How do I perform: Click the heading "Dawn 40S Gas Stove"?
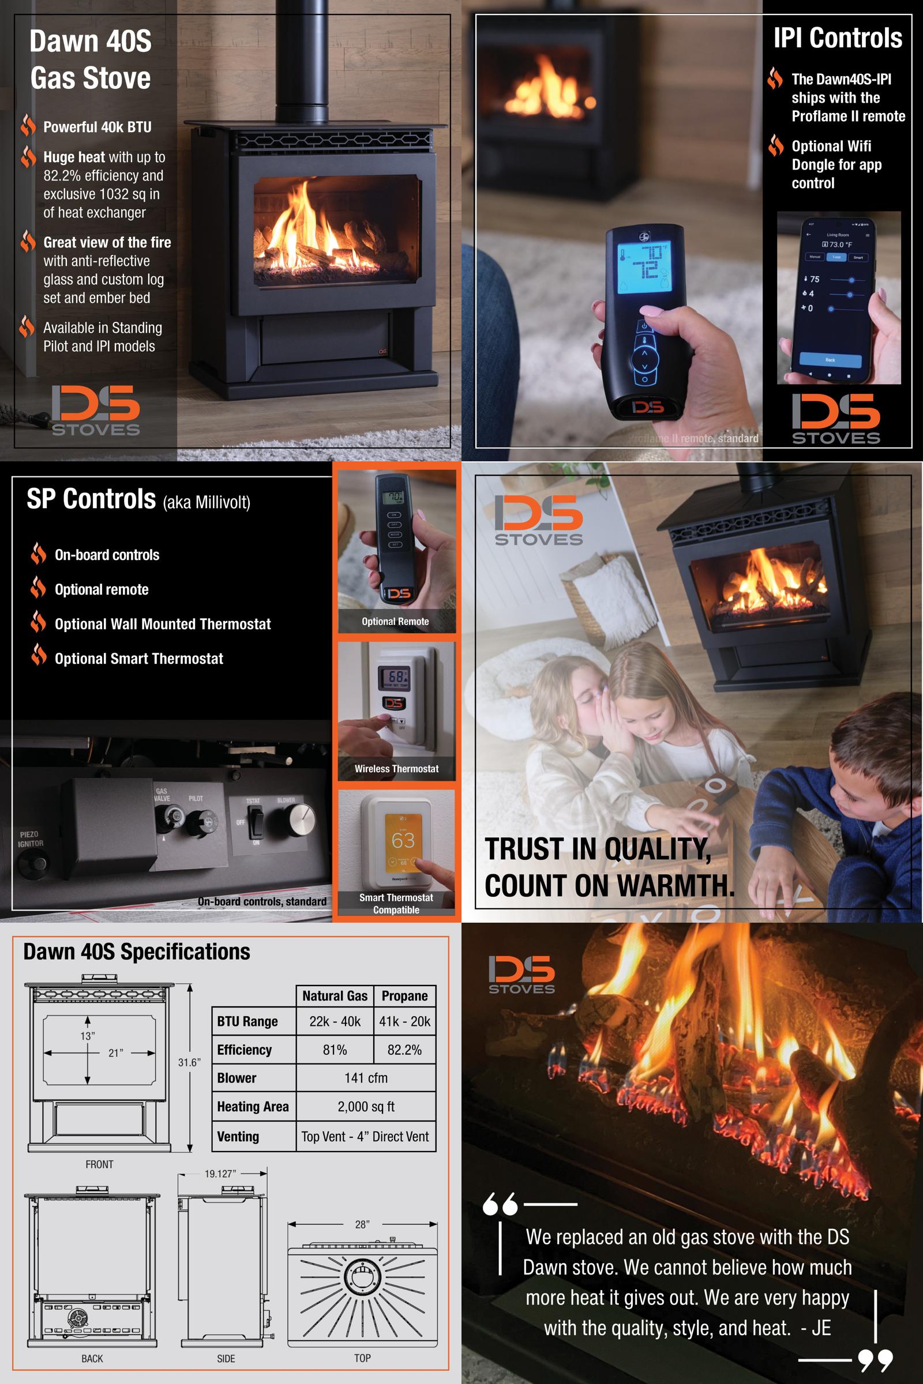(91, 59)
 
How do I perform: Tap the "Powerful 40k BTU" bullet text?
(97, 127)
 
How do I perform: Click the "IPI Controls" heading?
(837, 38)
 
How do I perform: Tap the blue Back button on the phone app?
(830, 359)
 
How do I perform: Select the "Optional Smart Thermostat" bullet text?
(139, 659)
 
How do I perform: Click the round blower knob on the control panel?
(299, 819)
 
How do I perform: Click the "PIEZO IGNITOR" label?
(29, 838)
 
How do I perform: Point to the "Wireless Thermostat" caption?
(396, 769)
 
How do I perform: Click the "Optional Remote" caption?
(395, 622)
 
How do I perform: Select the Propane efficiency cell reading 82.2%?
(404, 1050)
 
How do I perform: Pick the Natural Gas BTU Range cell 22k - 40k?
(335, 1021)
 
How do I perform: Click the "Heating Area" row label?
(253, 1107)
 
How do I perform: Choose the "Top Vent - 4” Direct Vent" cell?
(365, 1136)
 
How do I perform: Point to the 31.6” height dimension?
(190, 1062)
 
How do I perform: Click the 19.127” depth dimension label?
(220, 1174)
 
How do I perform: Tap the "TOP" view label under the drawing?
(362, 1358)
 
